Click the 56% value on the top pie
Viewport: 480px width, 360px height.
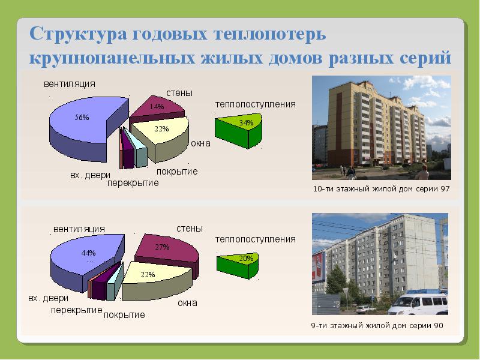82,117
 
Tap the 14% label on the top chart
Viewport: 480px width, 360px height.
157,107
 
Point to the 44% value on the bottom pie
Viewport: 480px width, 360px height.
88,253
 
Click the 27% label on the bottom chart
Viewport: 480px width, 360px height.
162,247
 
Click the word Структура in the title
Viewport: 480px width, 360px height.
79,34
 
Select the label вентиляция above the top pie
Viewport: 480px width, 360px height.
70,84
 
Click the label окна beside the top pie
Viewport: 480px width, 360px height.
201,143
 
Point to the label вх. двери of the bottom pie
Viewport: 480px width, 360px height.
49,298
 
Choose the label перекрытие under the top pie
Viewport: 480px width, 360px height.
133,183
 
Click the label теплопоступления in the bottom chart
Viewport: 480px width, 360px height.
256,239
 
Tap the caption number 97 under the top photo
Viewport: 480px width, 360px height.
445,188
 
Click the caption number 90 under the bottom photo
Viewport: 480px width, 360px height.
439,325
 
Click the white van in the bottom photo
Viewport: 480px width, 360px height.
418,303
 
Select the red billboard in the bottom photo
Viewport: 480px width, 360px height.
319,266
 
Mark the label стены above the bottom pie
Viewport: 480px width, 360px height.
190,229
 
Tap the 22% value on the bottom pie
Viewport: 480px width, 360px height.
148,275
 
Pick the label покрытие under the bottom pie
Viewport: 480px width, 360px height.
124,315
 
